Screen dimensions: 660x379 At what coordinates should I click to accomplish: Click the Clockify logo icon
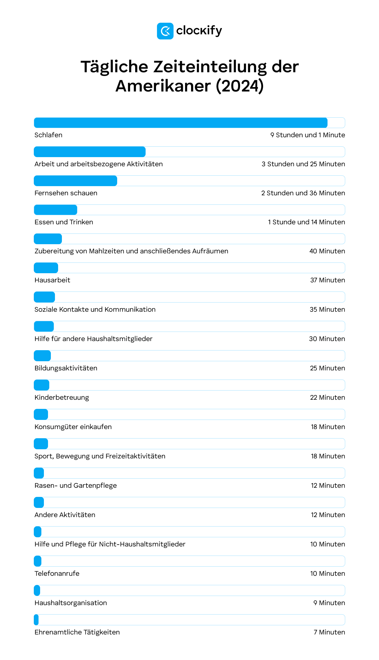165,31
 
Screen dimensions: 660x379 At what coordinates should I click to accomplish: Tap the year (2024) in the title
240,86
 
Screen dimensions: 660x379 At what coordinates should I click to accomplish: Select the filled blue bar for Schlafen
181,123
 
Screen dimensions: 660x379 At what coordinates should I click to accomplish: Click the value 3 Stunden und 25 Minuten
303,164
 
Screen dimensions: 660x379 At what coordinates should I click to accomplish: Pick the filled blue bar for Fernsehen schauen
75,181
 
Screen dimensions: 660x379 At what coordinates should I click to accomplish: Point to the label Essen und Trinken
64,222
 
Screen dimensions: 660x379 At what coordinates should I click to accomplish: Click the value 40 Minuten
327,251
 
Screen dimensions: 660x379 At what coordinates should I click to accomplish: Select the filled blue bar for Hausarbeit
46,268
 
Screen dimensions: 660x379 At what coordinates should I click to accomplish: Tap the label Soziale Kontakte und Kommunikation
95,309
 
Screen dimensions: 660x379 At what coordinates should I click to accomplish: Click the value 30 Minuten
327,339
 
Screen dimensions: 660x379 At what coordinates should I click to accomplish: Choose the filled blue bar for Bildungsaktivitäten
42,356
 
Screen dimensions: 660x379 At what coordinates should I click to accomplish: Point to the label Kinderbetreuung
62,398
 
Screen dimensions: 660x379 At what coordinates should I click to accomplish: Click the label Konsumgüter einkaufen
73,427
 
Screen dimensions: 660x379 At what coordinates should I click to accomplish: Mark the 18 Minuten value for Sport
328,456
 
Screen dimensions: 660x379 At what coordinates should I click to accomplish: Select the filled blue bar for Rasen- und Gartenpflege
39,473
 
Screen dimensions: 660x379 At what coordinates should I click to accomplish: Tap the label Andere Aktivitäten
65,515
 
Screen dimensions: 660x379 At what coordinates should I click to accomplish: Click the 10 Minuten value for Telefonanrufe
328,574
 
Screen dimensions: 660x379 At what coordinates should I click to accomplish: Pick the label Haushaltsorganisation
71,603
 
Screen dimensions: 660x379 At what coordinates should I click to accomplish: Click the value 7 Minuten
329,632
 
